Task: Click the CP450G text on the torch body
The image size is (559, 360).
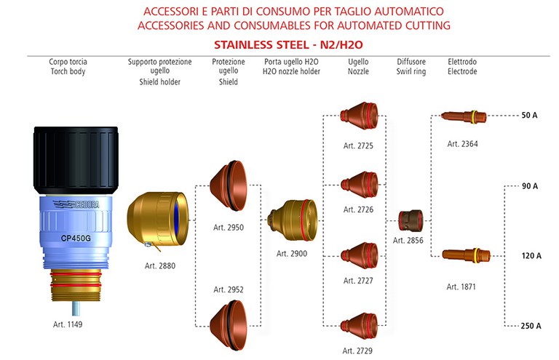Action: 76,238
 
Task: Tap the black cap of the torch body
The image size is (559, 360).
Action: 76,160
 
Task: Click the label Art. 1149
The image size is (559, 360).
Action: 68,324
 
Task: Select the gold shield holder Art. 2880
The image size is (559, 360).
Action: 157,220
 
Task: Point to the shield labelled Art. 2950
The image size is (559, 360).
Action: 228,185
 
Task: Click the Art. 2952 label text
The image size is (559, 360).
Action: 229,289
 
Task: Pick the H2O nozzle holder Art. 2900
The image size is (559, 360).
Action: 292,220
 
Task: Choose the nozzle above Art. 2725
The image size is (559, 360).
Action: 359,116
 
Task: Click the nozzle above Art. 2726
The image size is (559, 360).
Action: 359,185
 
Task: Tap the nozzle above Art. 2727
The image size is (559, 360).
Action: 359,255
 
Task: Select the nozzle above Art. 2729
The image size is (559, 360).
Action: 359,326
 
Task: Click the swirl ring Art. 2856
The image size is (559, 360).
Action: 411,220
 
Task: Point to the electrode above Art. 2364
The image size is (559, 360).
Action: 464,116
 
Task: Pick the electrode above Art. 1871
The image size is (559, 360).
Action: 466,255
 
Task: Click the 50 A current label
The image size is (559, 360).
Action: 529,115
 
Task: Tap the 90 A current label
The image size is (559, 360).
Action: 530,186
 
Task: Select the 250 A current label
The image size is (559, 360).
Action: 531,326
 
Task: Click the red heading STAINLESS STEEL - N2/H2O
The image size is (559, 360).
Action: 288,45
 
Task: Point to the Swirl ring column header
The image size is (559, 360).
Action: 411,71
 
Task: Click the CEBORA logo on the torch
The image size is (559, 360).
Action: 76,204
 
